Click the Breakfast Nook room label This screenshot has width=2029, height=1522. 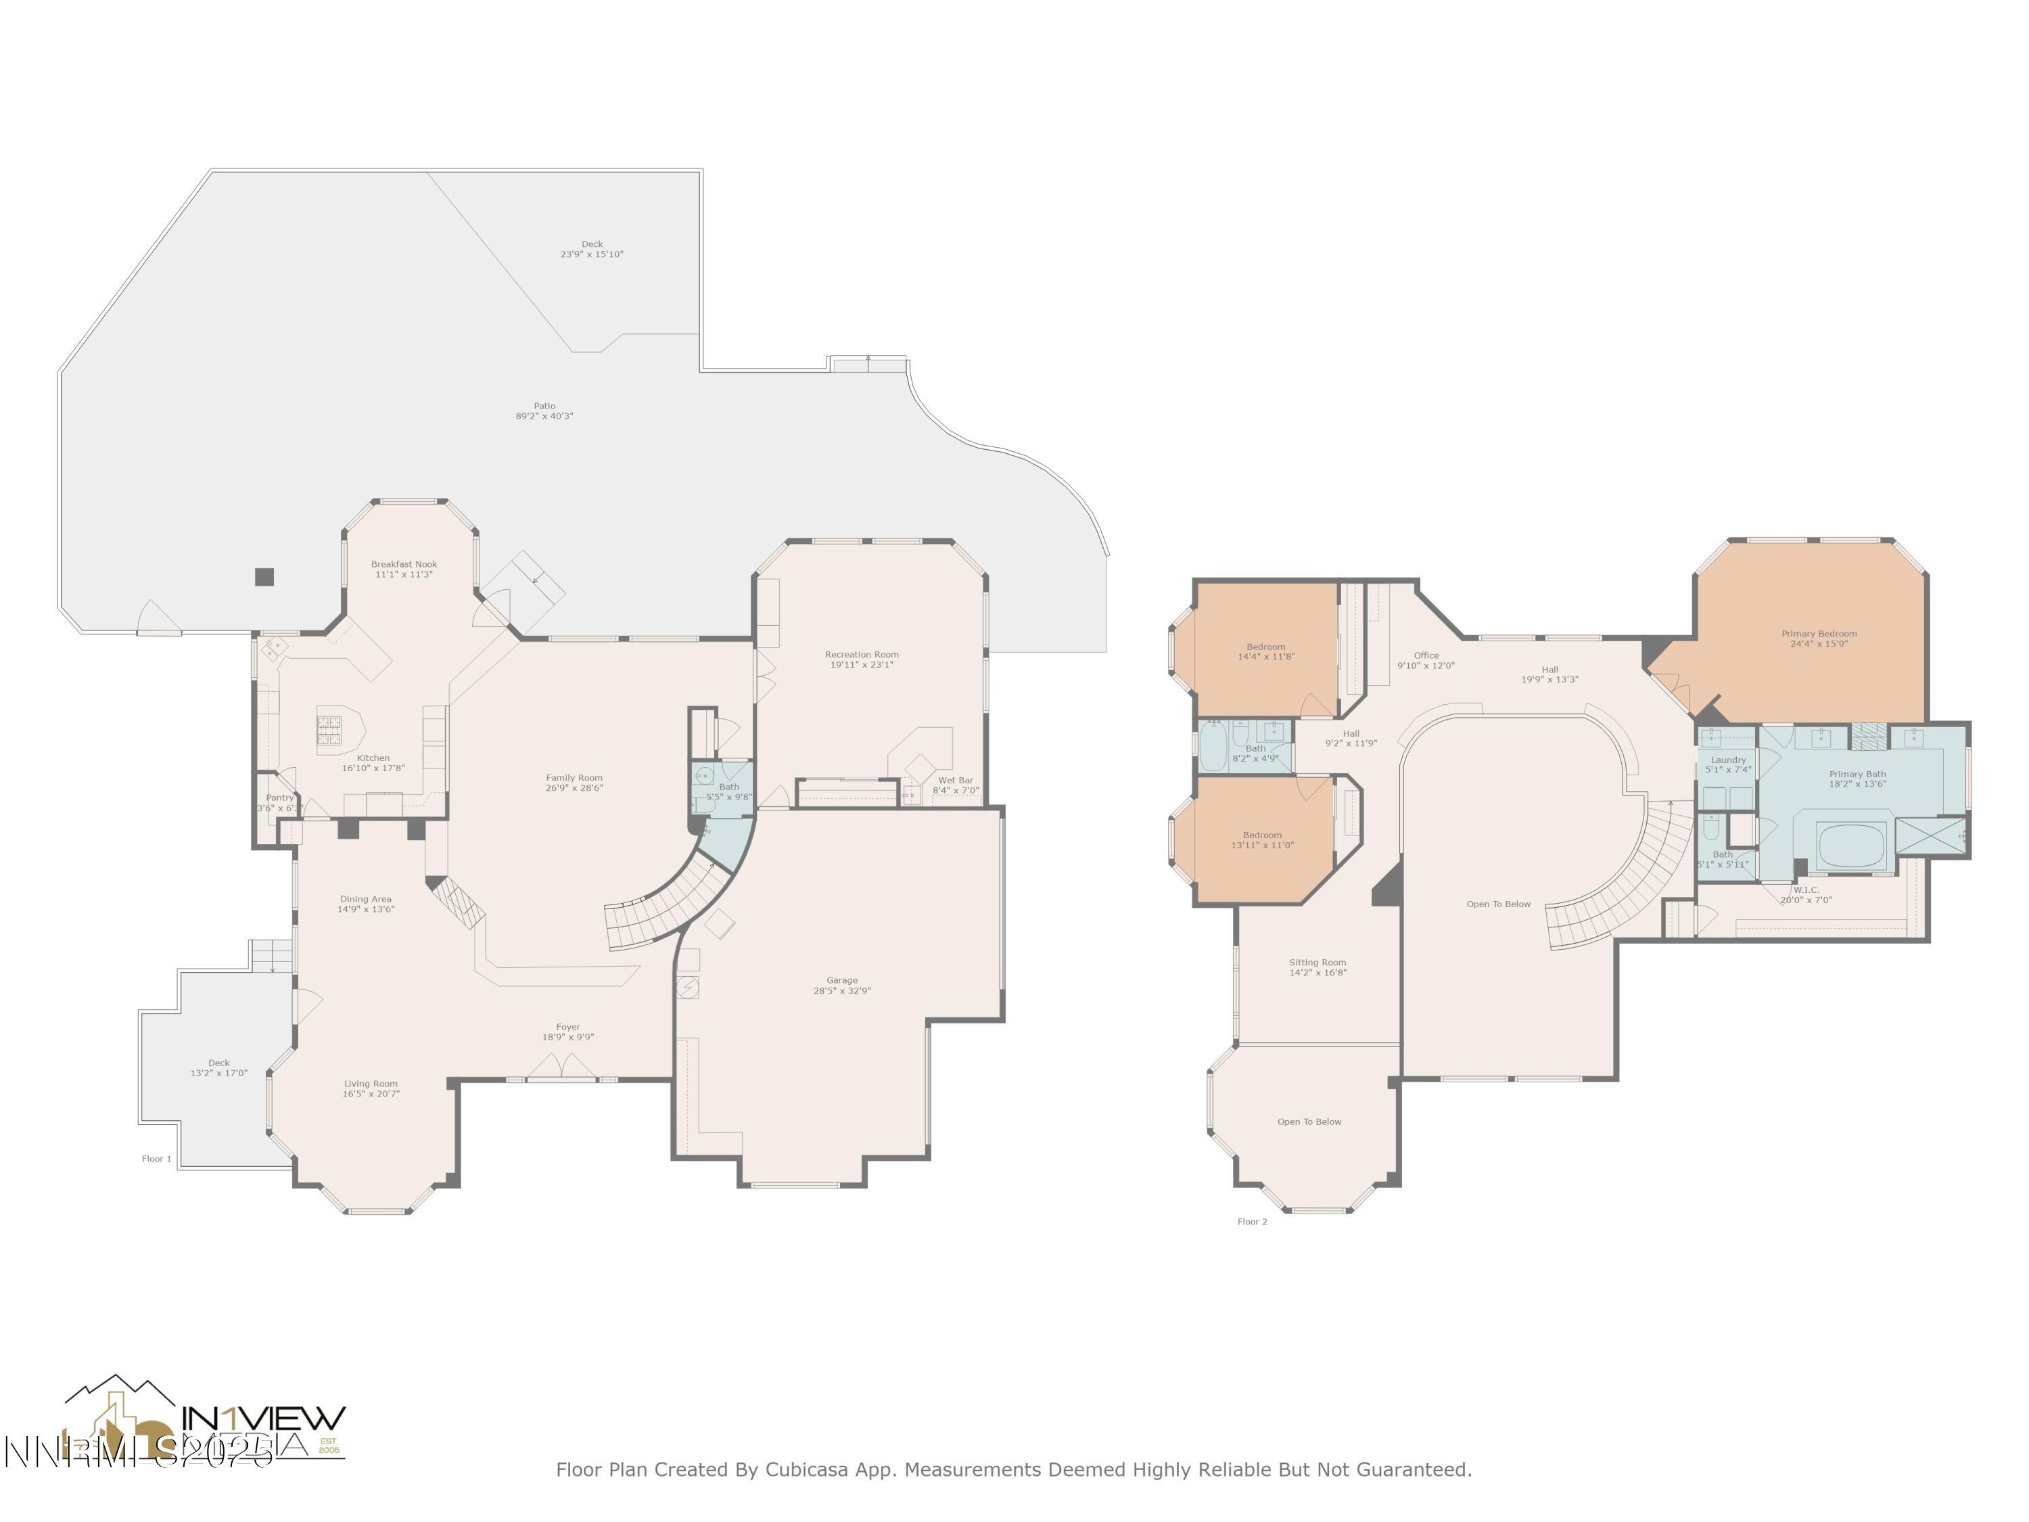pos(404,564)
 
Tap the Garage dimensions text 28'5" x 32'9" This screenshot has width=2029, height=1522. pos(841,991)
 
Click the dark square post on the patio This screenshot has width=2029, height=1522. pos(264,576)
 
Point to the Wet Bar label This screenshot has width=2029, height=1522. pos(955,780)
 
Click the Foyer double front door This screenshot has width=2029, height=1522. pos(561,1066)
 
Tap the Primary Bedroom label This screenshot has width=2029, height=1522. pos(1818,634)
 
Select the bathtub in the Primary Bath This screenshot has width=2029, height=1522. pos(1851,845)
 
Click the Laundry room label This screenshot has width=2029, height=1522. pos(1727,760)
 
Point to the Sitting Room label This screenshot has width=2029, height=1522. pos(1317,963)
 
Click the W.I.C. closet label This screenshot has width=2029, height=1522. pos(1805,890)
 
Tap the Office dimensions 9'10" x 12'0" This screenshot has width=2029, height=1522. pos(1426,666)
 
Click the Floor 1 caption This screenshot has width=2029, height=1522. pos(157,1159)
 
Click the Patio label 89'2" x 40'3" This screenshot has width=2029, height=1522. pos(544,411)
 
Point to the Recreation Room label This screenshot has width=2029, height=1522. pos(862,655)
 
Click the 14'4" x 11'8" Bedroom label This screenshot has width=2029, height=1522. pos(1266,651)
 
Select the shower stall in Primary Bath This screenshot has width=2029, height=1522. pos(1930,836)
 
